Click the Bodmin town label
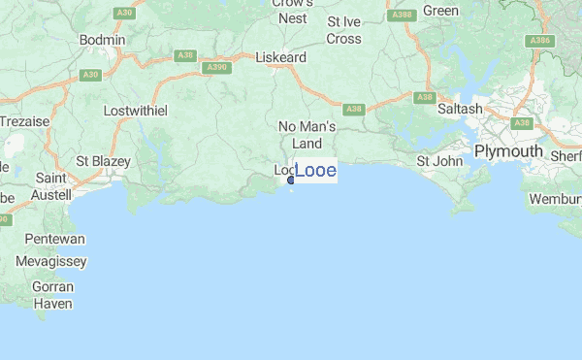(x=103, y=39)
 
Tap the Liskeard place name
(x=280, y=57)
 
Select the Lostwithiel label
(x=136, y=110)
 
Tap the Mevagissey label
(x=51, y=261)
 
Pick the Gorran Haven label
(x=53, y=295)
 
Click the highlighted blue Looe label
(x=315, y=171)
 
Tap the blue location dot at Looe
(x=291, y=180)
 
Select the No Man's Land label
(x=307, y=135)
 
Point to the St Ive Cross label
(x=344, y=30)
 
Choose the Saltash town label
(x=460, y=110)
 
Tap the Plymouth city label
(x=508, y=151)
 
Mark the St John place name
(x=436, y=160)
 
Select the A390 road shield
(x=217, y=67)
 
